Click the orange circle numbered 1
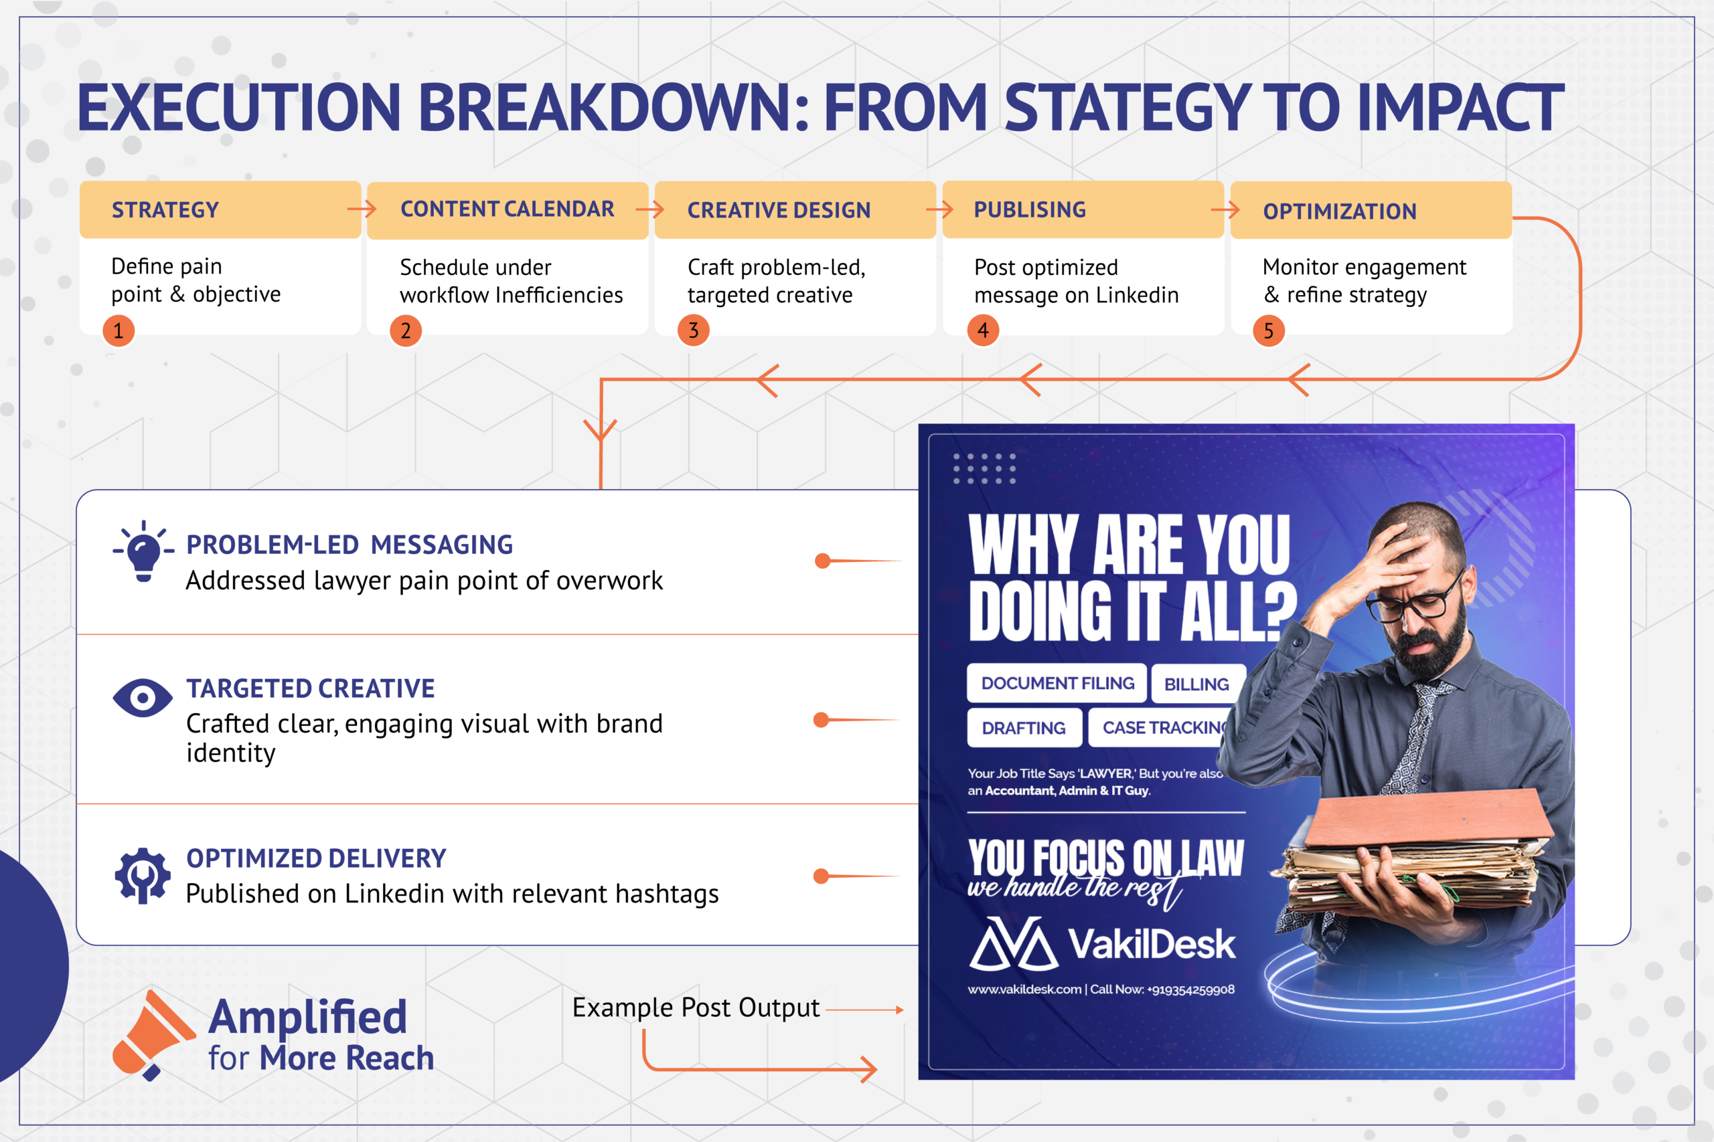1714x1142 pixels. (x=118, y=331)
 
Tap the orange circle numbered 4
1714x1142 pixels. (x=983, y=330)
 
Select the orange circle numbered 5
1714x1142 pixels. (x=1269, y=331)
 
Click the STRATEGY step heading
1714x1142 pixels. (x=165, y=211)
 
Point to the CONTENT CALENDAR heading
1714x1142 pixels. (x=508, y=209)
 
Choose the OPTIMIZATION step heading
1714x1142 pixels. (x=1340, y=212)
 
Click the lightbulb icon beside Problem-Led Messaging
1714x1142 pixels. (x=143, y=551)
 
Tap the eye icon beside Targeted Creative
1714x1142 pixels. (x=143, y=698)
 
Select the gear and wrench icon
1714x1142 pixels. (x=143, y=876)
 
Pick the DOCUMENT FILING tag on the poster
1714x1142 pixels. (x=1057, y=683)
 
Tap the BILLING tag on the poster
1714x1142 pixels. (x=1197, y=684)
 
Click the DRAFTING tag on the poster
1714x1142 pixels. (x=1024, y=728)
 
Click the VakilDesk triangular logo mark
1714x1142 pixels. (x=1014, y=944)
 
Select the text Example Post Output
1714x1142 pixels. (x=696, y=1008)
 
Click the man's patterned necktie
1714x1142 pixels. (x=1410, y=736)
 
